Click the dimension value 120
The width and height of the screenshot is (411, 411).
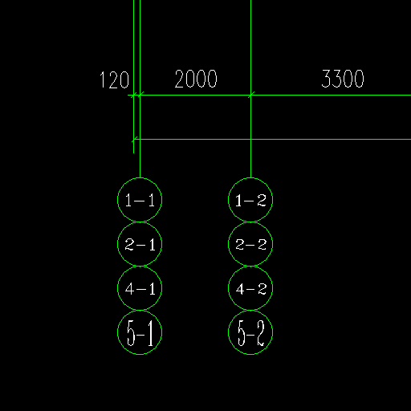click(114, 79)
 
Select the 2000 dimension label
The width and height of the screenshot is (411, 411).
click(196, 79)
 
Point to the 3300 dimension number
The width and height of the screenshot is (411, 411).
click(343, 79)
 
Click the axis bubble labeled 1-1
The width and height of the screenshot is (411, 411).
click(140, 178)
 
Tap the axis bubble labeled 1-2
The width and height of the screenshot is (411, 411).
click(250, 178)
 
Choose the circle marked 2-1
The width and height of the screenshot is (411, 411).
click(118, 244)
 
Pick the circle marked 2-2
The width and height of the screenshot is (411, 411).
click(229, 244)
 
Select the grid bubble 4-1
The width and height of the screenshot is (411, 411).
click(118, 288)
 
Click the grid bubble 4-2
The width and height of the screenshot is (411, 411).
click(229, 288)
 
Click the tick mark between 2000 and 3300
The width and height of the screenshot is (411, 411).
click(250, 95)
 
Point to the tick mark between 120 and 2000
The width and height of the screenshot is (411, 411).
click(140, 95)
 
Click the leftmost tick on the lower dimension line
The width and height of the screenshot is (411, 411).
click(134, 139)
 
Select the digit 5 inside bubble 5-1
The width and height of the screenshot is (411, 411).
click(131, 333)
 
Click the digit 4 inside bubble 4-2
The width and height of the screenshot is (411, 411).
click(240, 289)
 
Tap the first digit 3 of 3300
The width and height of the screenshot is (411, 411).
click(326, 79)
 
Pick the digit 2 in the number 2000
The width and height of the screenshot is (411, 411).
click(179, 79)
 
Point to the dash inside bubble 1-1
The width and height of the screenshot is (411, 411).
click(140, 201)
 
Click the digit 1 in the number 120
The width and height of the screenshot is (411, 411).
click(102, 79)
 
